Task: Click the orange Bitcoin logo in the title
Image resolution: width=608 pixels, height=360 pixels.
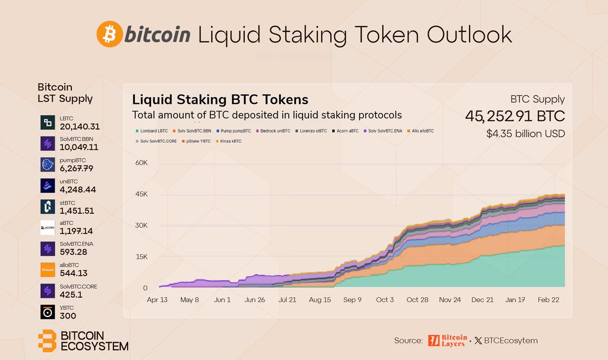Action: pos(109,34)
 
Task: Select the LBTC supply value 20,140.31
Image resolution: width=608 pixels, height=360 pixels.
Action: pos(79,127)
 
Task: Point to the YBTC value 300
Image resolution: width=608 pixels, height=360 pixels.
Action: pos(68,316)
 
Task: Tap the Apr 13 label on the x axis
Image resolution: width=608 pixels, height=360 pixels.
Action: pos(157,300)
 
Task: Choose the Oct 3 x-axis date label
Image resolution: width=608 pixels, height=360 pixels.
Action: pos(385,300)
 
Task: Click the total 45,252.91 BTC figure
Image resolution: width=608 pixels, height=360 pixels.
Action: pos(515,116)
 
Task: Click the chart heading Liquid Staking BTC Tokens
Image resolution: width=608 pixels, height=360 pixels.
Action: pos(220,99)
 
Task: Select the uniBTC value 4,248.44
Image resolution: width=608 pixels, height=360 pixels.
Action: pos(78,190)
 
